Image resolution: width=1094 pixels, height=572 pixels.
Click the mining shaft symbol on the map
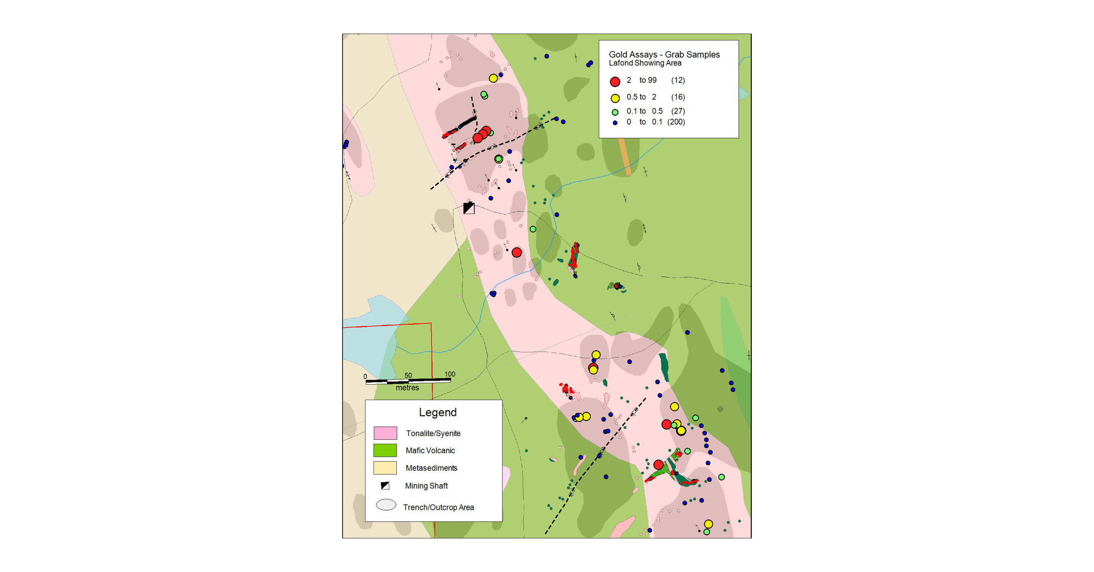coord(468,208)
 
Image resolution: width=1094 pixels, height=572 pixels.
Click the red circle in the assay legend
coord(615,82)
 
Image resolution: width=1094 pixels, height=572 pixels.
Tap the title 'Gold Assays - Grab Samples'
coord(664,55)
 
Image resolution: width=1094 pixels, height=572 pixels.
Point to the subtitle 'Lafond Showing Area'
coord(645,63)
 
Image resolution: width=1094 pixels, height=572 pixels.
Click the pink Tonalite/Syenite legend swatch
coord(385,433)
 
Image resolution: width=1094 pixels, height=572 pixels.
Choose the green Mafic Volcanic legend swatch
coord(385,451)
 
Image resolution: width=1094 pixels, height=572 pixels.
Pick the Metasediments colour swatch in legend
coord(385,468)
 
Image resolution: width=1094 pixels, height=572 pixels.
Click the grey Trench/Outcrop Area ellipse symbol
coord(386,505)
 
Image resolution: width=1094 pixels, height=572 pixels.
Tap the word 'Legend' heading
coord(438,412)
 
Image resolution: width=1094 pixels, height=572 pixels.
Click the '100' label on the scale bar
coord(450,374)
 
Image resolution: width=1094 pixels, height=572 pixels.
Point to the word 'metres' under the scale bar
coord(407,388)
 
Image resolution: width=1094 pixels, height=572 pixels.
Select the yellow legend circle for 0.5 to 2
coord(615,98)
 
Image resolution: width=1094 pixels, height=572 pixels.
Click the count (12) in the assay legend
coord(678,81)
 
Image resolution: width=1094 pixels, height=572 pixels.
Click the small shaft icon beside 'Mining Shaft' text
coord(385,486)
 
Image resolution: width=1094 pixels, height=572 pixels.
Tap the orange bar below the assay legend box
coord(625,157)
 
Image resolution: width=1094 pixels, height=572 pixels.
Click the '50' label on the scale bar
coord(408,376)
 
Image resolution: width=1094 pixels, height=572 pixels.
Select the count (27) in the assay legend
coord(678,111)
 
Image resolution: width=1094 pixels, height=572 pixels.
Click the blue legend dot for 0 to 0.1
coord(615,123)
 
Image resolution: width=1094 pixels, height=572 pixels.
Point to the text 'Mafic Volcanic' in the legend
coord(430,451)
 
